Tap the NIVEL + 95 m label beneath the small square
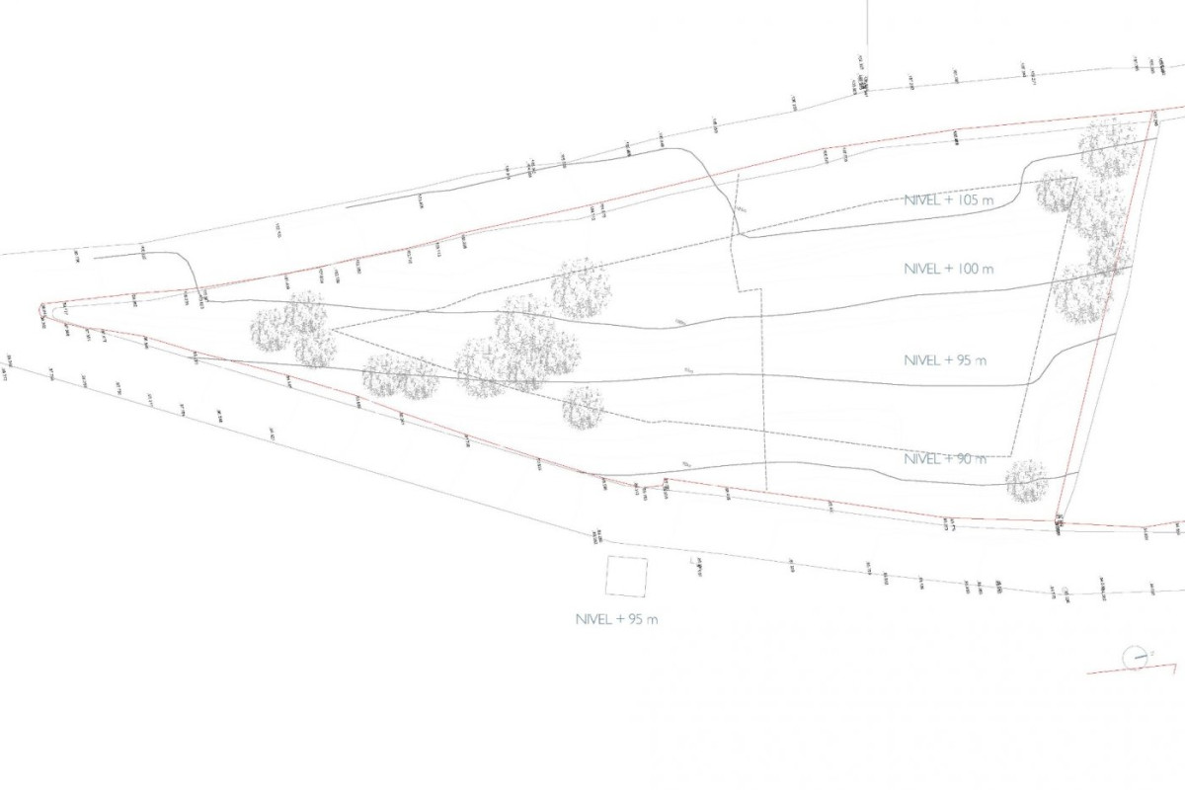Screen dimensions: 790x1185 tap(616, 620)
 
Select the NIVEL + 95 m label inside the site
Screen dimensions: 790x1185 tap(945, 360)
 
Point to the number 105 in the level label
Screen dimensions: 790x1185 tap(967, 198)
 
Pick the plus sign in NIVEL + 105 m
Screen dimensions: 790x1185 tap(951, 198)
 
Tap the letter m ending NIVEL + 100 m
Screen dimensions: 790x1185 tap(987, 269)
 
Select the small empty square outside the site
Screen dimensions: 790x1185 tap(626, 577)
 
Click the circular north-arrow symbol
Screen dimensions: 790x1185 tap(1135, 656)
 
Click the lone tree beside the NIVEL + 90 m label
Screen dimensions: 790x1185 tap(1026, 481)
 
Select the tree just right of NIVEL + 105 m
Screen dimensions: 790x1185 tap(1056, 191)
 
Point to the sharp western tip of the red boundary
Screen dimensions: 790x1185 tap(40, 308)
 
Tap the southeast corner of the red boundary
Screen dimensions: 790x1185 tap(1059, 520)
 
